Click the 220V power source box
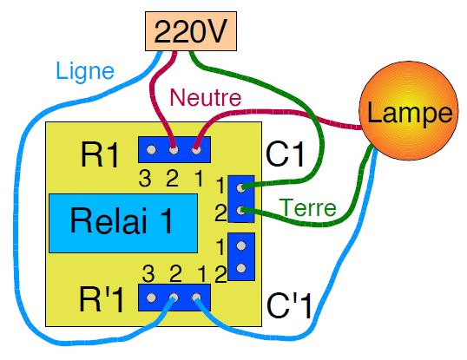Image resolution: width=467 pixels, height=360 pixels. point(191,31)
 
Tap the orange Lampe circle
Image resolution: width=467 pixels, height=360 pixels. point(409,111)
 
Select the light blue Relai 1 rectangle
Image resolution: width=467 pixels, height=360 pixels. point(123,223)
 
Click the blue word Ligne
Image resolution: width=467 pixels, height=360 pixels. point(85,71)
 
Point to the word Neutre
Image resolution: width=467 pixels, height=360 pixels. point(206,97)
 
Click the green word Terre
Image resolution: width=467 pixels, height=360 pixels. point(308,207)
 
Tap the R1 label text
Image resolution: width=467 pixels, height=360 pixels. point(100,155)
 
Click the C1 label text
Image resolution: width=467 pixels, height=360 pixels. point(286,154)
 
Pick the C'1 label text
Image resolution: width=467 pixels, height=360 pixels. point(289,305)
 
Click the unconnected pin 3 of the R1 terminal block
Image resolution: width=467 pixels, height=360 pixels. point(151,149)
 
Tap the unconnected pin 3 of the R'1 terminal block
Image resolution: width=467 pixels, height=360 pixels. point(151,298)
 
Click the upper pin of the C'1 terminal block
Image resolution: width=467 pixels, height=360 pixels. point(241,245)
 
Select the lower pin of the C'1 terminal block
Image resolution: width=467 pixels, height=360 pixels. point(241,268)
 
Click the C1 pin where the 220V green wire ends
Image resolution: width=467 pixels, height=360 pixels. point(240,187)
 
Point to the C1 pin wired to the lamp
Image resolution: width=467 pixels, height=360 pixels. point(240,211)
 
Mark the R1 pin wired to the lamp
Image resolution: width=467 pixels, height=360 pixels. point(196,149)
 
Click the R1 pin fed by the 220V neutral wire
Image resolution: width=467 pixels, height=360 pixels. point(174,149)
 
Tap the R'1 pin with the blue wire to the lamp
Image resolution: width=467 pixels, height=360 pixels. point(196,298)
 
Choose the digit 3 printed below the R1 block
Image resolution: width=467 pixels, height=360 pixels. point(145,178)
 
